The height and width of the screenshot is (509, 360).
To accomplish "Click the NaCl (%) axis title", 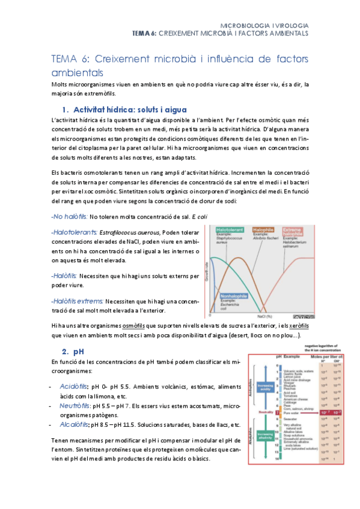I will point(266,315).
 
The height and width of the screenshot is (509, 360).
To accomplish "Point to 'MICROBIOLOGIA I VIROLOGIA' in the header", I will point(265,26).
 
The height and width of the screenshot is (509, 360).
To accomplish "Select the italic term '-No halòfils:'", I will point(70,215).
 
